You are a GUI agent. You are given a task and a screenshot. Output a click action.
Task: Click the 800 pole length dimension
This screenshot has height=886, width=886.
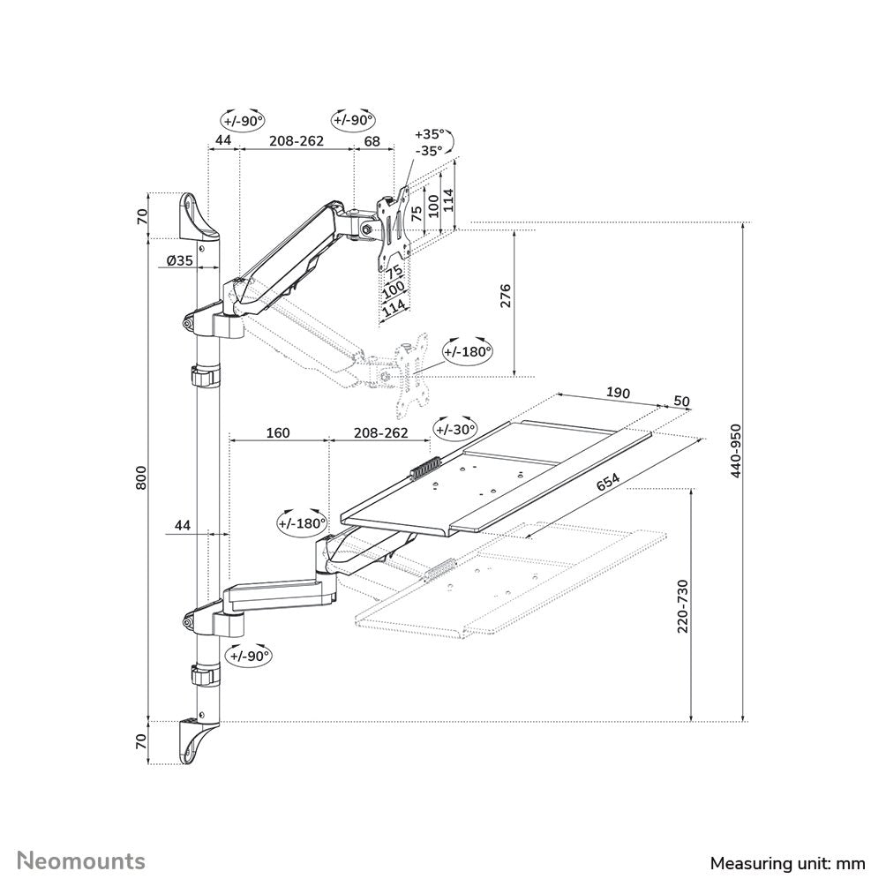[x=141, y=478]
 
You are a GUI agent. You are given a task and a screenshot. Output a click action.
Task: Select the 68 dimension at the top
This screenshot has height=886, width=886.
[x=372, y=141]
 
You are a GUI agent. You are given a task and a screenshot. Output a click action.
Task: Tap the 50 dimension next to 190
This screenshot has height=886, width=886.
[x=681, y=401]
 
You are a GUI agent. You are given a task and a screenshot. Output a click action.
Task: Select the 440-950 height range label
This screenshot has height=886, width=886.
[x=736, y=450]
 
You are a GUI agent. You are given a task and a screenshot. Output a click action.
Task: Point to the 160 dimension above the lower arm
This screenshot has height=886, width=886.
[x=277, y=433]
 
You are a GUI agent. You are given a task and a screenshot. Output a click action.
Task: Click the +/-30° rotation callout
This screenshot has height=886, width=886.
[x=454, y=428]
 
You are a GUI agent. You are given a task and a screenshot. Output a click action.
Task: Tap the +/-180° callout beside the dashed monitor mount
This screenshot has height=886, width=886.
[x=467, y=351]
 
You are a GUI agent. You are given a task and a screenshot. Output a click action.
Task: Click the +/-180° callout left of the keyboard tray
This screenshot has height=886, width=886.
[x=302, y=522]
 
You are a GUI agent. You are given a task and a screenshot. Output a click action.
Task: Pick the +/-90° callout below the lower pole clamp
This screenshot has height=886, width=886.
[x=248, y=656]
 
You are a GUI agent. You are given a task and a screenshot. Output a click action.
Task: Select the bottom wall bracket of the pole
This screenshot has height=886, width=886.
[x=198, y=740]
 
